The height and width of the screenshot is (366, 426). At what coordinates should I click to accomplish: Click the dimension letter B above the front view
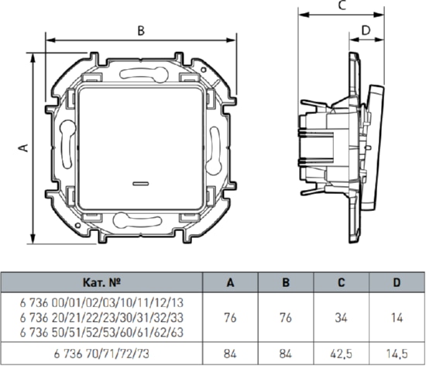pos(141,31)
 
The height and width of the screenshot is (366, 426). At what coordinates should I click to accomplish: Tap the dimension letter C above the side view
pos(342,5)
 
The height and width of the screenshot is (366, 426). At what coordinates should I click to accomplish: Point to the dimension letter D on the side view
pos(366,30)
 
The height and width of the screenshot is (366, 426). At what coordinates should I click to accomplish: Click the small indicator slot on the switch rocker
pos(140,184)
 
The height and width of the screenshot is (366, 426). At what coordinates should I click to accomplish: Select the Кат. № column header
pos(101,282)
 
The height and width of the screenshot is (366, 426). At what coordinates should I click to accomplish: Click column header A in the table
pos(230,283)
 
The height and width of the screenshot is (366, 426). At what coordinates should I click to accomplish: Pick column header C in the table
pos(342,282)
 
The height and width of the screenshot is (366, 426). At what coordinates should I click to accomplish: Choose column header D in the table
pos(397,282)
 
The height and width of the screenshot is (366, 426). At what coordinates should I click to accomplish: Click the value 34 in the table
pos(342,318)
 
